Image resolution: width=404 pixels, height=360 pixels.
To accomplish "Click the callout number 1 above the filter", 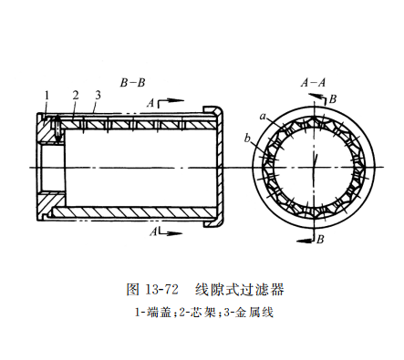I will [45, 94].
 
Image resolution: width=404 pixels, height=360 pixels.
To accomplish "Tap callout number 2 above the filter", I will [75, 94].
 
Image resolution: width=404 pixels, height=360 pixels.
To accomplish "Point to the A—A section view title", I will [314, 82].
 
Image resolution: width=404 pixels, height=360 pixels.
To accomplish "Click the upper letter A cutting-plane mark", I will [150, 104].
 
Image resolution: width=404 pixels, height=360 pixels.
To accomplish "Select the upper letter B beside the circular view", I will [333, 98].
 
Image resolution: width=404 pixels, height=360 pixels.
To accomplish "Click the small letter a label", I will [263, 117].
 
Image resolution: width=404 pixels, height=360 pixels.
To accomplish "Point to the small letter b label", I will [248, 139].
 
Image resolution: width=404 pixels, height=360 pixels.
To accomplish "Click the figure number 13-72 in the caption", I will [160, 290].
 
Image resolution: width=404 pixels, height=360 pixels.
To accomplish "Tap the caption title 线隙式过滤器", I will [240, 290].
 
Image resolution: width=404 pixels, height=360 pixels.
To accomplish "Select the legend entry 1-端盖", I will [150, 313].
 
